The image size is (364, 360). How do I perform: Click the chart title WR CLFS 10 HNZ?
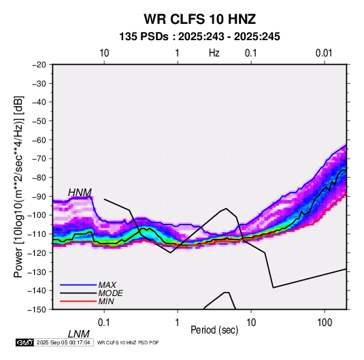pyautogui.click(x=199, y=19)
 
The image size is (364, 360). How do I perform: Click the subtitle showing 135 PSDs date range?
pyautogui.click(x=199, y=37)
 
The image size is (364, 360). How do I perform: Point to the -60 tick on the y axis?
pyautogui.click(x=39, y=140)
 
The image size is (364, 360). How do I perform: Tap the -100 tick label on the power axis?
pyautogui.click(x=37, y=215)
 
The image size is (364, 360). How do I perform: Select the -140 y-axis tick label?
pyautogui.click(x=37, y=291)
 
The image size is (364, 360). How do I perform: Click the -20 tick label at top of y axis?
pyautogui.click(x=39, y=65)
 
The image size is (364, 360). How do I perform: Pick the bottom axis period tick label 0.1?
pyautogui.click(x=104, y=323)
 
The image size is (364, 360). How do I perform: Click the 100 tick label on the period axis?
pyautogui.click(x=325, y=323)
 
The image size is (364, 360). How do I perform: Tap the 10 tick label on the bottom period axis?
pyautogui.click(x=251, y=323)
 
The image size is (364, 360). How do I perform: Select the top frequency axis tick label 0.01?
pyautogui.click(x=324, y=53)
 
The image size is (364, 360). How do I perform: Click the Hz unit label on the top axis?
pyautogui.click(x=214, y=53)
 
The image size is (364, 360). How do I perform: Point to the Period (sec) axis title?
pyautogui.click(x=214, y=330)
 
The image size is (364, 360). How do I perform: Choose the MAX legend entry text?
pyautogui.click(x=107, y=285)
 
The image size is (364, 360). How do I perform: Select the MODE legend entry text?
pyautogui.click(x=110, y=293)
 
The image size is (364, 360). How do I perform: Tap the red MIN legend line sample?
pyautogui.click(x=78, y=301)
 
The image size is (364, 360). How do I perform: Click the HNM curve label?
pyautogui.click(x=80, y=193)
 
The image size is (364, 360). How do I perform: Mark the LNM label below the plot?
pyautogui.click(x=79, y=334)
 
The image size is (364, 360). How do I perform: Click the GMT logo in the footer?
pyautogui.click(x=25, y=342)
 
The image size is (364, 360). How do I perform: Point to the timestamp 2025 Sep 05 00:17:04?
pyautogui.click(x=63, y=342)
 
